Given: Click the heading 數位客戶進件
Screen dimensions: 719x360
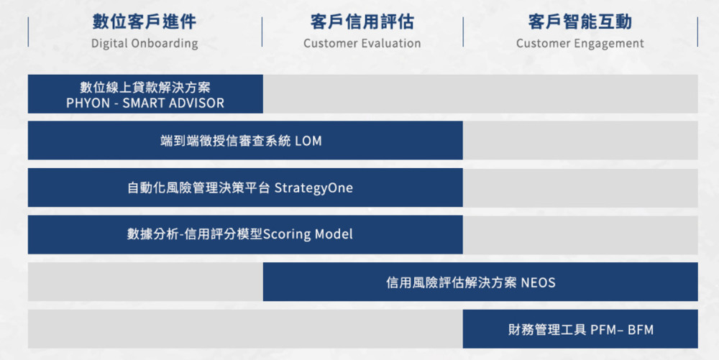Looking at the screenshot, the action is click(145, 22).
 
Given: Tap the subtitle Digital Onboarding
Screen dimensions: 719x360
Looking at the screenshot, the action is click(145, 44).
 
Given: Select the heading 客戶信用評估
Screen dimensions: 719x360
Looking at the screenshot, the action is click(362, 22).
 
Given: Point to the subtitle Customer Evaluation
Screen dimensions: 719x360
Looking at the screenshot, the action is click(362, 44).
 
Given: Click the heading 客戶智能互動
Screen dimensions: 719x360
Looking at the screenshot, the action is click(580, 22).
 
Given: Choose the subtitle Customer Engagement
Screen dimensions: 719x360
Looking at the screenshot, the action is click(580, 44).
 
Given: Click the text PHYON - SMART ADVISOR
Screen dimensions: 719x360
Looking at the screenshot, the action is click(145, 103).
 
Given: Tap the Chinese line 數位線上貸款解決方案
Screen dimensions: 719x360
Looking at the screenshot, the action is click(145, 87).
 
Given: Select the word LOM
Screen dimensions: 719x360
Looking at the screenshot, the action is click(308, 141).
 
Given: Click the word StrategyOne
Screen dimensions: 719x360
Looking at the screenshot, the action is click(313, 188).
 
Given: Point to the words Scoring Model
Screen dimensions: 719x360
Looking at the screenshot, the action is click(308, 234).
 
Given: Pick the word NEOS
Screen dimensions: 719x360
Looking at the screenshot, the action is click(538, 282).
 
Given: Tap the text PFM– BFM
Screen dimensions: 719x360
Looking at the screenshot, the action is click(622, 330).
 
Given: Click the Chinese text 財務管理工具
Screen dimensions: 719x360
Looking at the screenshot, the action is click(547, 330).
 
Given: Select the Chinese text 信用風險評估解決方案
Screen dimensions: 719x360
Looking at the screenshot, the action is click(452, 282).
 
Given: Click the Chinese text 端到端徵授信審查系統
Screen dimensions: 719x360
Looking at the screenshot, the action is click(226, 141).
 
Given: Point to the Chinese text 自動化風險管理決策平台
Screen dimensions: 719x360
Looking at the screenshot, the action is click(199, 188).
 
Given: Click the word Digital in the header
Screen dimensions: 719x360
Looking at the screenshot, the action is click(109, 44).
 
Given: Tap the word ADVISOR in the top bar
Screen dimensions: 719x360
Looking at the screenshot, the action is click(198, 103).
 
